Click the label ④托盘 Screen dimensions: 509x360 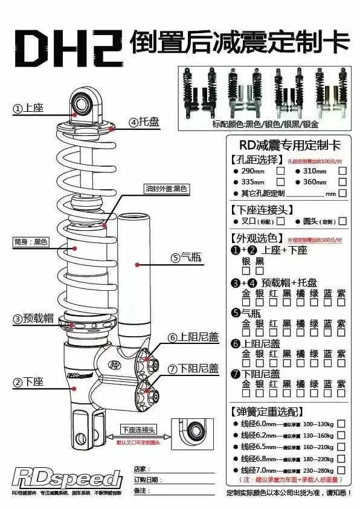coord(144,122)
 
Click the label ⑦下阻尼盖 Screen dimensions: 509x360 coord(193,369)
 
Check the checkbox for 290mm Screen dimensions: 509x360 coord(280,171)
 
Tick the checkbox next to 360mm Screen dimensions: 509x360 coord(342,182)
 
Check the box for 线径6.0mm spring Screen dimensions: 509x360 coord(341,424)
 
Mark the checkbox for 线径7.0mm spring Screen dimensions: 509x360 coord(341,470)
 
